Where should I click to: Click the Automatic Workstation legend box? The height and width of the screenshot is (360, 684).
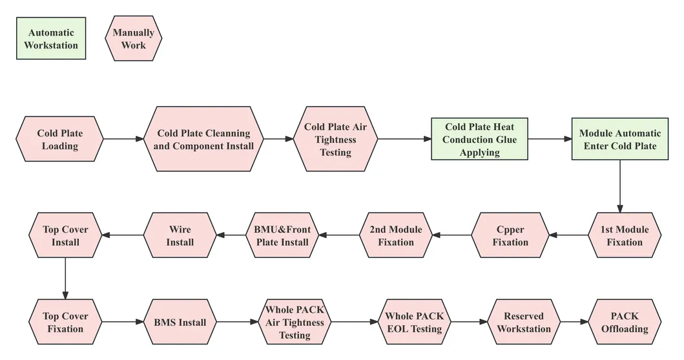(51, 39)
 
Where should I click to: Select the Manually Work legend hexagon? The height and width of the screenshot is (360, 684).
(134, 39)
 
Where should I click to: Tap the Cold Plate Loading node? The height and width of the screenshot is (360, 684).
(60, 139)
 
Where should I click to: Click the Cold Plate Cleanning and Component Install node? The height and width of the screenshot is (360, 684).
(203, 139)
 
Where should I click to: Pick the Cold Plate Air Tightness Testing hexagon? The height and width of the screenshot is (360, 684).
(335, 139)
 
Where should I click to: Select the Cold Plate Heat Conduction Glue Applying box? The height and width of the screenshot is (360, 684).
(480, 139)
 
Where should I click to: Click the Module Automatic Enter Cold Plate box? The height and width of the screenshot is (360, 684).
(620, 139)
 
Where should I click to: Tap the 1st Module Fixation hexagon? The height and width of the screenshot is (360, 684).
(625, 235)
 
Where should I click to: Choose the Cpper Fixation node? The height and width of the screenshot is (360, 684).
(510, 235)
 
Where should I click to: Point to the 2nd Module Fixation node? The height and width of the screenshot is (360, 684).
(395, 235)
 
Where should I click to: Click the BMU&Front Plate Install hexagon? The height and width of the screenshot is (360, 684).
(282, 235)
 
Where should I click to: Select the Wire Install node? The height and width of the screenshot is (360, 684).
(180, 235)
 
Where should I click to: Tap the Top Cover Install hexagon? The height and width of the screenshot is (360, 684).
(65, 235)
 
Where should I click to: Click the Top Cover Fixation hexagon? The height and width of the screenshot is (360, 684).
(65, 322)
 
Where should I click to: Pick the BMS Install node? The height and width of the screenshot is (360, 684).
(180, 322)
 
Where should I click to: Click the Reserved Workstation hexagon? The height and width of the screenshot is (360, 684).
(524, 322)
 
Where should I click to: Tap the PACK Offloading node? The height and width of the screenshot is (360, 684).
(625, 322)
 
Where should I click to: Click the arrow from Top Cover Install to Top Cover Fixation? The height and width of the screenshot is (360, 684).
(65, 278)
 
